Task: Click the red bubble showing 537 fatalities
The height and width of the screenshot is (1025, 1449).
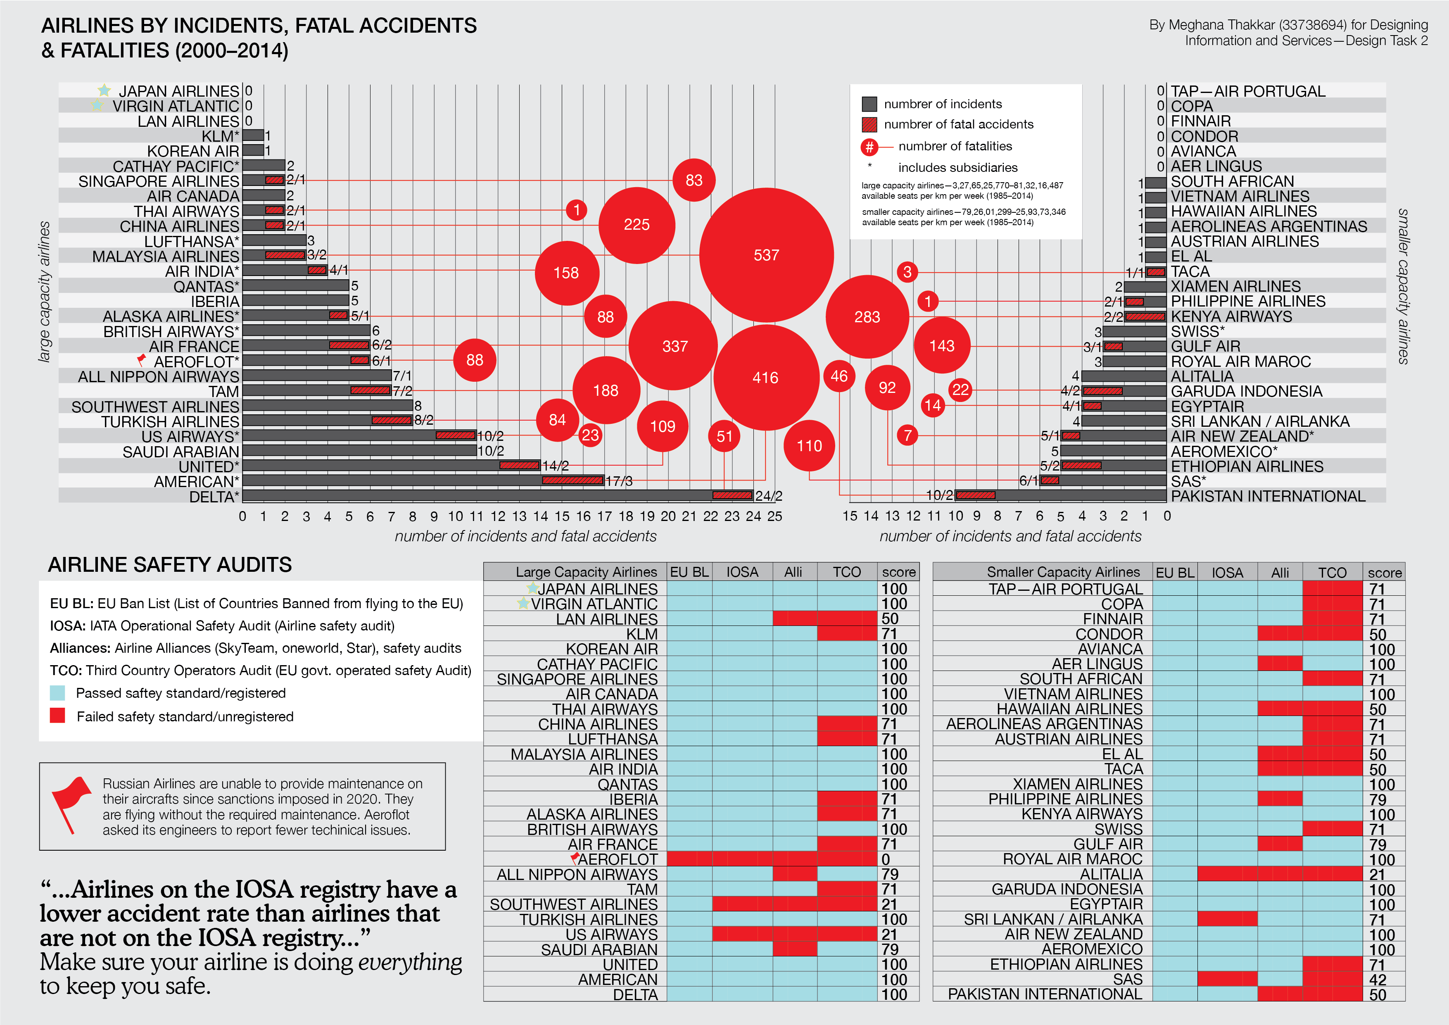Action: [x=766, y=255]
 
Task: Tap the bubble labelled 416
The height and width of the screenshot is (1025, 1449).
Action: [x=765, y=378]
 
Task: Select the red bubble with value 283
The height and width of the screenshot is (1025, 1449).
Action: [x=867, y=317]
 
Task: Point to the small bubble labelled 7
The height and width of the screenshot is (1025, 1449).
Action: [x=907, y=435]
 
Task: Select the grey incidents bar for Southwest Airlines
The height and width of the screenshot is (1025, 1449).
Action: [x=328, y=406]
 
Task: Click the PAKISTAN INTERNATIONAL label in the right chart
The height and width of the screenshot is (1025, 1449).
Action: [x=1267, y=496]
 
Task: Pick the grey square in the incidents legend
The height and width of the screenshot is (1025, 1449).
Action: [x=869, y=104]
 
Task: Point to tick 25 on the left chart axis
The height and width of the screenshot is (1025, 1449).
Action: [x=774, y=516]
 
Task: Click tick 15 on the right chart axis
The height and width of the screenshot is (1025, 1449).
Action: [x=850, y=516]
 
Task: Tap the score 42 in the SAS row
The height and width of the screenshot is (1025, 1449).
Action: [x=1377, y=980]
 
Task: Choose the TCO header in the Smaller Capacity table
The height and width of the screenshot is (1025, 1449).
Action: [x=1332, y=573]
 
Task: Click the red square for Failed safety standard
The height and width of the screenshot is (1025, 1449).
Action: [x=57, y=716]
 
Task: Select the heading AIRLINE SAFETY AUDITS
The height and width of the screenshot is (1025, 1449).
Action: [x=170, y=564]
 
